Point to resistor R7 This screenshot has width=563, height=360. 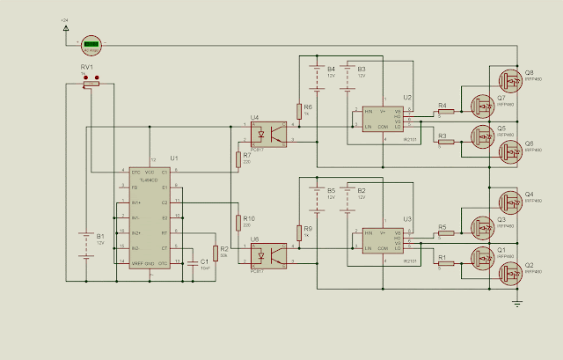click(x=238, y=159)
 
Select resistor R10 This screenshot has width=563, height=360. click(x=238, y=222)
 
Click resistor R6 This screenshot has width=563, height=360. click(x=299, y=111)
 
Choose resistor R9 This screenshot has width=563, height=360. click(x=299, y=233)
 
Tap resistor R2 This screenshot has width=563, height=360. click(x=215, y=253)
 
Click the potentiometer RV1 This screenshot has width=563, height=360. click(x=90, y=84)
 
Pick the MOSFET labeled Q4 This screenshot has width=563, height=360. click(x=509, y=201)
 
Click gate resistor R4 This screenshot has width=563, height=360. click(x=446, y=112)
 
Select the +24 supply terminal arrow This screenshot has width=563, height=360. click(x=67, y=27)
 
